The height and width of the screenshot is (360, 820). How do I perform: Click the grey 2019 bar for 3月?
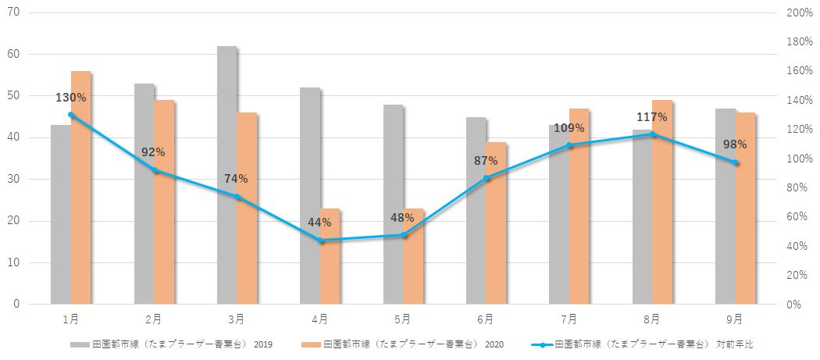pyautogui.click(x=226, y=175)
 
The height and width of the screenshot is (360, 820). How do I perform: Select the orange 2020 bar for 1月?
pyautogui.click(x=81, y=187)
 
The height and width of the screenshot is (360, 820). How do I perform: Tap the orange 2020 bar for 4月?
pyautogui.click(x=330, y=256)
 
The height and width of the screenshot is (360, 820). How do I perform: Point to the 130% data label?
pyautogui.click(x=71, y=98)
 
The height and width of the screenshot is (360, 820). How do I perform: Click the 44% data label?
pyautogui.click(x=320, y=223)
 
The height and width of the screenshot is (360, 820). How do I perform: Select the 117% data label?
pyautogui.click(x=651, y=117)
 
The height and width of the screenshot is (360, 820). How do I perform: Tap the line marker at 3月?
pyautogui.click(x=237, y=197)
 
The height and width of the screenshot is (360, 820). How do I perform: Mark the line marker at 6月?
pyautogui.click(x=487, y=178)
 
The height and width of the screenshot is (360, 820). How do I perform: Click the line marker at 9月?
pyautogui.click(x=736, y=162)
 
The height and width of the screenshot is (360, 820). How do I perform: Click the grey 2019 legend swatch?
pyautogui.click(x=79, y=344)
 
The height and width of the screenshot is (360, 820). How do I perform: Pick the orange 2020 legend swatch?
pyautogui.click(x=311, y=344)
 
